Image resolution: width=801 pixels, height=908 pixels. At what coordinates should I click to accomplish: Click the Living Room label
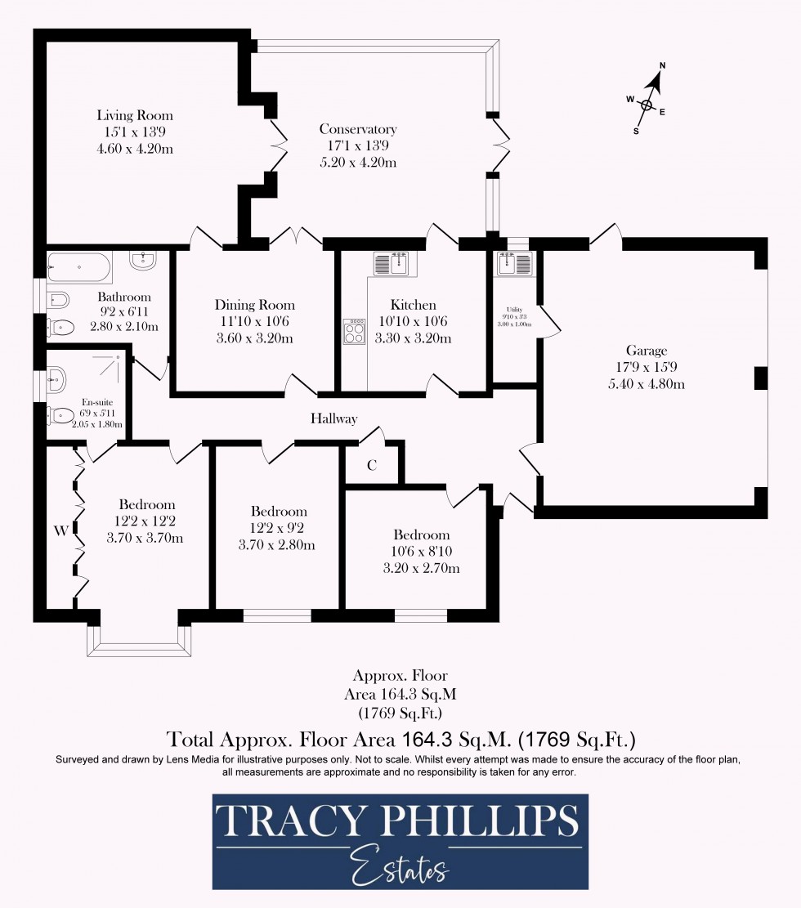click(x=135, y=115)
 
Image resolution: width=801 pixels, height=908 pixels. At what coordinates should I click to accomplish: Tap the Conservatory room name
click(x=358, y=129)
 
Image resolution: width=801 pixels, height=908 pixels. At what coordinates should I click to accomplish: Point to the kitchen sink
click(x=392, y=264)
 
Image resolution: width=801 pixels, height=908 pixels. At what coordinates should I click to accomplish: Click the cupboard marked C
click(x=372, y=465)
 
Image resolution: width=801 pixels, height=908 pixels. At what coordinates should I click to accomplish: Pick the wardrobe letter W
click(x=60, y=530)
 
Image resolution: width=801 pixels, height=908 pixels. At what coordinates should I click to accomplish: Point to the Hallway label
click(x=333, y=418)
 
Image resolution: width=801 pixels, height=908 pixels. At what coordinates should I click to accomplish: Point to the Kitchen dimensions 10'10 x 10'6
click(x=413, y=321)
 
